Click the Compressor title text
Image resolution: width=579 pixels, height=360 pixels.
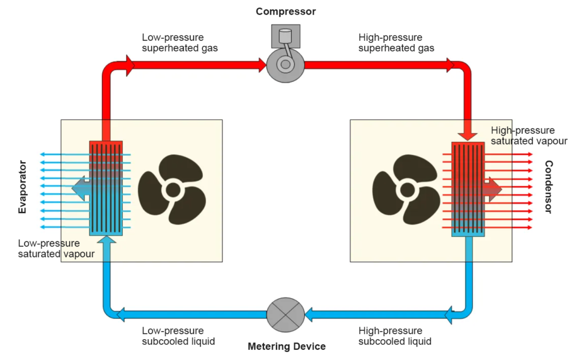pos(286,11)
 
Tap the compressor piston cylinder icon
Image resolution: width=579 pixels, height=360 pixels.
pos(286,36)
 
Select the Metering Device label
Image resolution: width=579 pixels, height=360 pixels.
pos(287,346)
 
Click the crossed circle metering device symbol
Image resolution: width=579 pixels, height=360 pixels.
pos(286,315)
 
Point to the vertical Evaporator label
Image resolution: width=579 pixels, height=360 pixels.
pos(23,187)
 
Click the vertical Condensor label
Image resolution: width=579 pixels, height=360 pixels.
pos(548,187)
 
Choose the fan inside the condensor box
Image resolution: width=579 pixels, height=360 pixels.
pos(406,189)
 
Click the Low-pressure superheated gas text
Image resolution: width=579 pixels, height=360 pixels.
pos(180,43)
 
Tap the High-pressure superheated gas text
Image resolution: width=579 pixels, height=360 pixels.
pos(396,43)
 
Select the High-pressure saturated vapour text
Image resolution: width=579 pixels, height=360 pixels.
pos(529,136)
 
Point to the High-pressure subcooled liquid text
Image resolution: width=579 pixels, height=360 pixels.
pos(395,336)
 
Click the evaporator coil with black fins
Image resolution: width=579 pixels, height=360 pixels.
pos(106,188)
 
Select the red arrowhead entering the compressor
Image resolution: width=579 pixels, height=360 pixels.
pos(261,65)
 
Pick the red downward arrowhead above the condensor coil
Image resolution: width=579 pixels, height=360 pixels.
pos(467,135)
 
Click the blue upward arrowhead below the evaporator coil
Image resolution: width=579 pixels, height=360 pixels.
pos(106,240)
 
